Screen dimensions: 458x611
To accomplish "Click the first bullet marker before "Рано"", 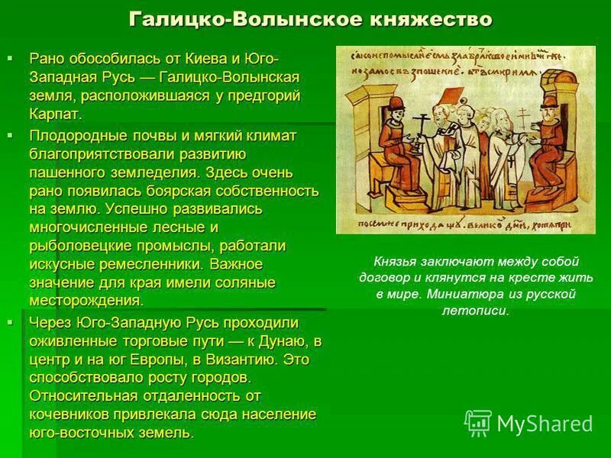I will (11, 58).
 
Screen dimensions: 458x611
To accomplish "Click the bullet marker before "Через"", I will (11, 323).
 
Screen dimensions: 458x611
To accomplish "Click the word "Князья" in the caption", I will (394, 260).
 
